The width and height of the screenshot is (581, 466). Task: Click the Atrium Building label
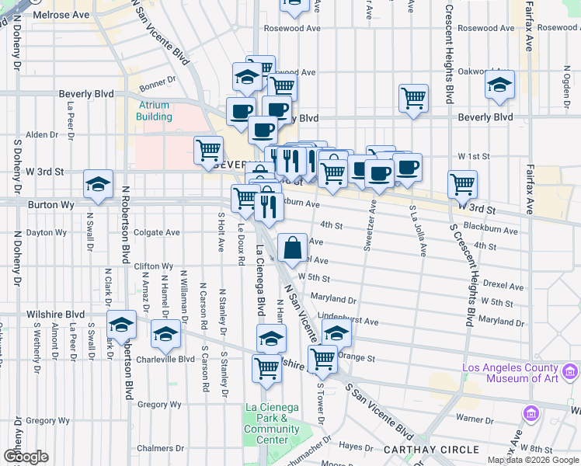point(155,111)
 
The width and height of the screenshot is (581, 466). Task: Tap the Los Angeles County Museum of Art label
point(521,373)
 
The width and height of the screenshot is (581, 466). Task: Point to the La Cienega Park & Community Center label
point(271,423)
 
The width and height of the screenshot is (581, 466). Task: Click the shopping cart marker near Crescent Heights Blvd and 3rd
point(462,184)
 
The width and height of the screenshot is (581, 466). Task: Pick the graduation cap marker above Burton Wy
point(99,184)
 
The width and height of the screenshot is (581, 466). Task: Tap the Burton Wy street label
point(50,205)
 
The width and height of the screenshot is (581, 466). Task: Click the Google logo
point(26,457)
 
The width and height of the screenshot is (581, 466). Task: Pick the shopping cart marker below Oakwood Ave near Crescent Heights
point(414,99)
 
